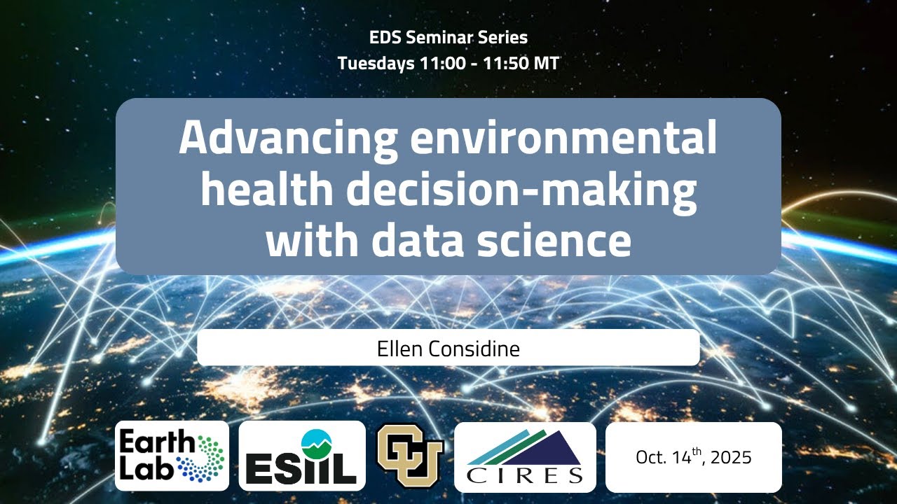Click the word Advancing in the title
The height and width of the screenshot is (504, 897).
point(288,140)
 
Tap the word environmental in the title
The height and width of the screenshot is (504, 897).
point(564,140)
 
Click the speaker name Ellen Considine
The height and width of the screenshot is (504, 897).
point(448,348)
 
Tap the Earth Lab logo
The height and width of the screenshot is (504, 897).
point(172,456)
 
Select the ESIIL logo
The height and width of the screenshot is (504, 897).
point(302,456)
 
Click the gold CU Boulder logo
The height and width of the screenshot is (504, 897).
point(410,456)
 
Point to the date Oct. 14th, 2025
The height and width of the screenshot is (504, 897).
point(693,457)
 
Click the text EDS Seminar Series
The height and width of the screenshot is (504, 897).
point(448,37)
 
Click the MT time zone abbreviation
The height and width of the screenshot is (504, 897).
point(547,63)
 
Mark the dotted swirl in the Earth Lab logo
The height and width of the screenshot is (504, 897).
point(206,456)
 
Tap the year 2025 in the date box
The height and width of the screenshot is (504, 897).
point(730,458)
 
